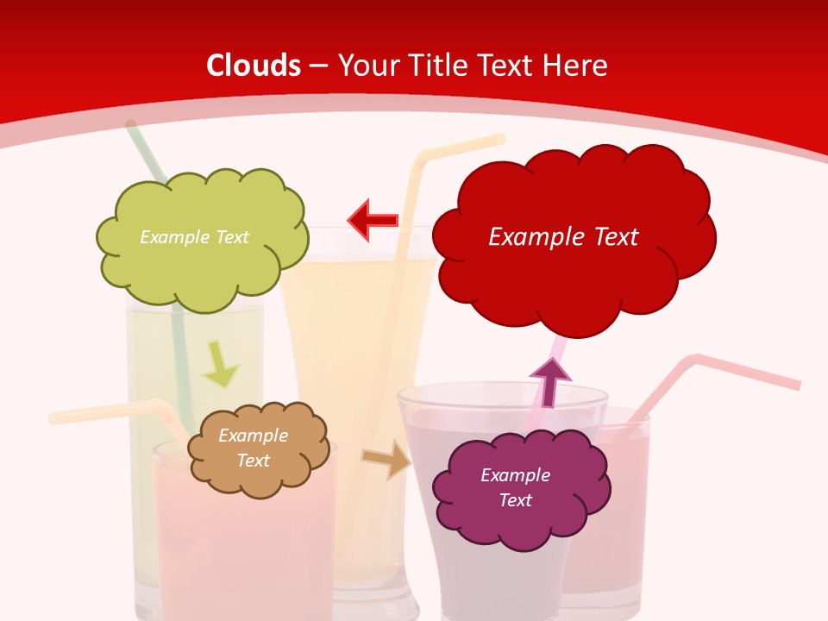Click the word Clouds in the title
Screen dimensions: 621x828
pyautogui.click(x=254, y=66)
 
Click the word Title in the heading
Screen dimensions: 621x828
pyautogui.click(x=439, y=66)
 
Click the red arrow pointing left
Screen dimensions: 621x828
pyautogui.click(x=373, y=219)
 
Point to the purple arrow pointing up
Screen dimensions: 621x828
pyautogui.click(x=549, y=380)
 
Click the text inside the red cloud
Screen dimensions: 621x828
pyautogui.click(x=563, y=237)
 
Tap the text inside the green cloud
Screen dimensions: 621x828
pyautogui.click(x=194, y=237)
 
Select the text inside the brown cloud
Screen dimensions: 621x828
pyautogui.click(x=254, y=448)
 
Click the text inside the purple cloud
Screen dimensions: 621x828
pyautogui.click(x=515, y=487)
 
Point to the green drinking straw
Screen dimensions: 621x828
pyautogui.click(x=178, y=336)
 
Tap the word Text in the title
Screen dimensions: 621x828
pyautogui.click(x=507, y=66)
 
